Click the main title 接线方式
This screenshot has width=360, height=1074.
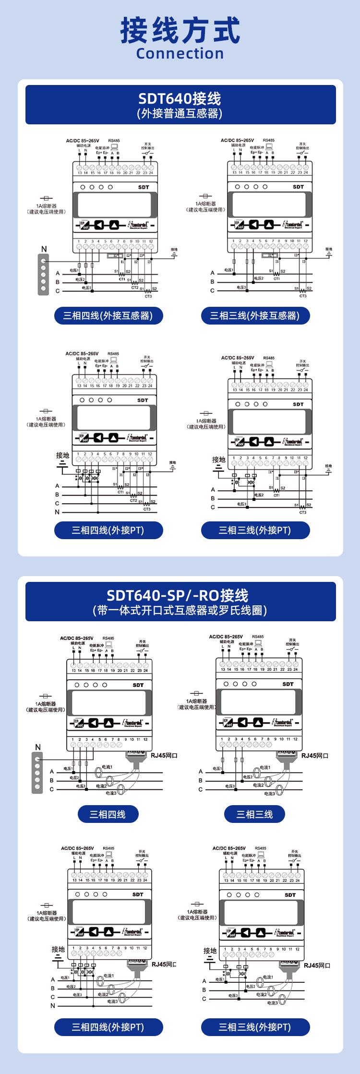[x=180, y=30]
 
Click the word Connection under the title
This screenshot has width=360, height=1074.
[x=180, y=53]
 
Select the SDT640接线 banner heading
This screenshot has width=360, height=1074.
[x=180, y=98]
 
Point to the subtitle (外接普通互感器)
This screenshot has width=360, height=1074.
[x=180, y=113]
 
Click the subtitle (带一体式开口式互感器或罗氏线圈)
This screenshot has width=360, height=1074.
[x=180, y=610]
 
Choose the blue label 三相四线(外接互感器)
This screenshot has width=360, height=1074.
[x=108, y=315]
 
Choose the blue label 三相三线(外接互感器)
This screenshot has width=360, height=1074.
[x=255, y=315]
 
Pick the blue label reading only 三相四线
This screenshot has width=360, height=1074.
[x=108, y=814]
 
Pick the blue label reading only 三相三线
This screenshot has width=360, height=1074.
[x=254, y=814]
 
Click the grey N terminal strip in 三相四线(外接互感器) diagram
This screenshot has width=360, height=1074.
[x=44, y=275]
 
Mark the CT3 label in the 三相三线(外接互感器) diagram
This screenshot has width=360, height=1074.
[x=303, y=296]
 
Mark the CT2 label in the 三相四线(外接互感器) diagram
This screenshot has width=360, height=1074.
[x=134, y=287]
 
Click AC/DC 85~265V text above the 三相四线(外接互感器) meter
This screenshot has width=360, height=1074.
[x=83, y=141]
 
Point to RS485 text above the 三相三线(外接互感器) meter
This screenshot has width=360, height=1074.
[x=269, y=141]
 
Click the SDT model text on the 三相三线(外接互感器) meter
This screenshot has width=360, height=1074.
[x=298, y=187]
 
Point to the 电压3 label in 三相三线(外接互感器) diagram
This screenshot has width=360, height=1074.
[x=241, y=287]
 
